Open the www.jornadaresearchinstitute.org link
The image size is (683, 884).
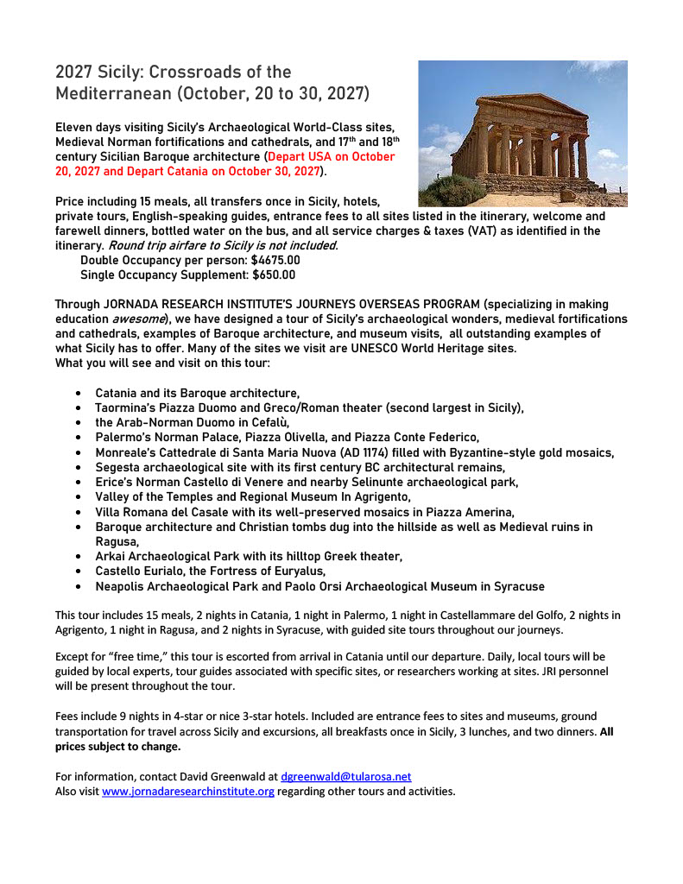188,792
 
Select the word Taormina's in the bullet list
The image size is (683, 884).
131,407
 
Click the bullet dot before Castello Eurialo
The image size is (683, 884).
79,571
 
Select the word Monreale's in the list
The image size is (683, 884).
128,452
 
